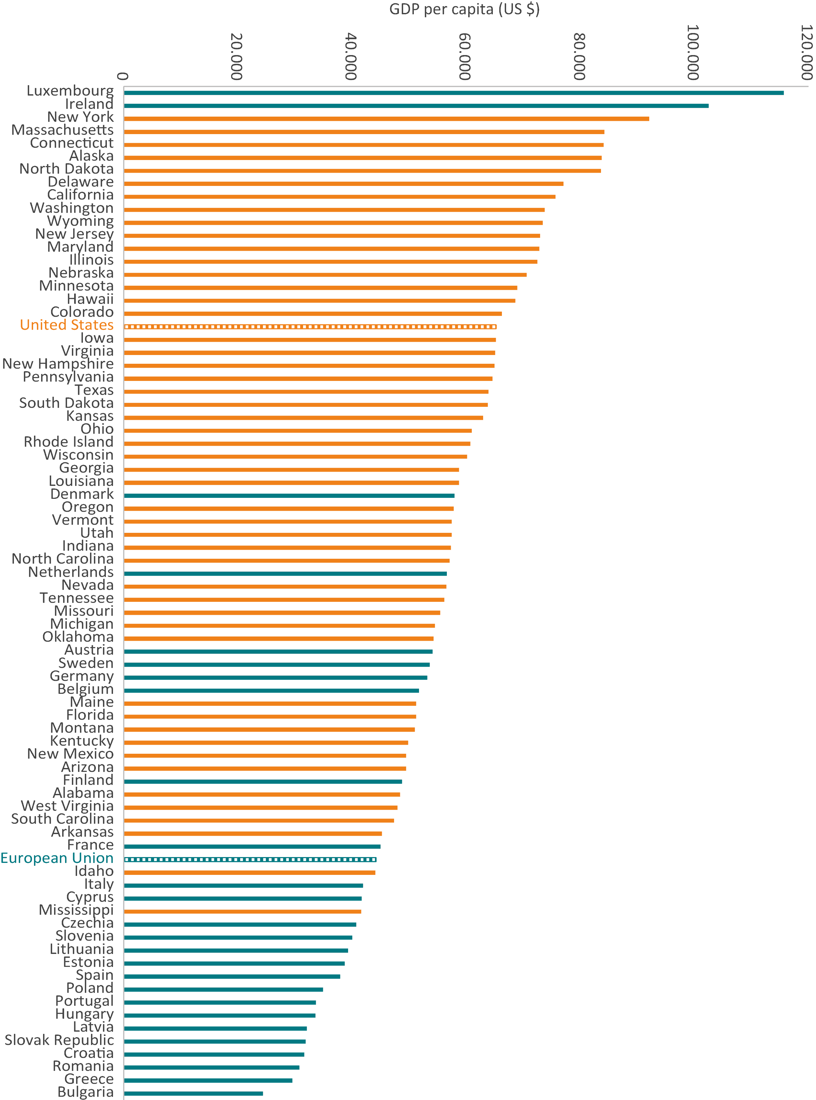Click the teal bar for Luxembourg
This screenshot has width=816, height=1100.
click(x=453, y=92)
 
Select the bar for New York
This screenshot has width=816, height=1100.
click(x=386, y=119)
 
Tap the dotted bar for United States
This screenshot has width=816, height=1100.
click(x=310, y=327)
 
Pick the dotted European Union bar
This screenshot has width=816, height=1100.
click(x=250, y=859)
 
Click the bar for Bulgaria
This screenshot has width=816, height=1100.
click(x=193, y=1094)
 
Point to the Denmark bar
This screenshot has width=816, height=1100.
click(x=289, y=496)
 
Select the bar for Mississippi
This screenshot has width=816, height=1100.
click(x=243, y=911)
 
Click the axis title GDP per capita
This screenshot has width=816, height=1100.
click(x=464, y=9)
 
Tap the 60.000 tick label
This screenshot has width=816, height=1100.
click(x=465, y=56)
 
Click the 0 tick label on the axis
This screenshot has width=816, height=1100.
click(x=123, y=76)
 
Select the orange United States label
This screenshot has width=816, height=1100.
click(x=67, y=325)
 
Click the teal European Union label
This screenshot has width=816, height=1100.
click(x=57, y=858)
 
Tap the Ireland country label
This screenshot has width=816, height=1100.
click(x=89, y=104)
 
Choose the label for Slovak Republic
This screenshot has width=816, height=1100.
click(x=59, y=1040)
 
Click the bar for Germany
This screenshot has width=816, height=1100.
click(x=276, y=678)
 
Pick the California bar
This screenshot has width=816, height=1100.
click(x=340, y=197)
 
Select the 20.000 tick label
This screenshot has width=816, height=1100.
click(x=237, y=56)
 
